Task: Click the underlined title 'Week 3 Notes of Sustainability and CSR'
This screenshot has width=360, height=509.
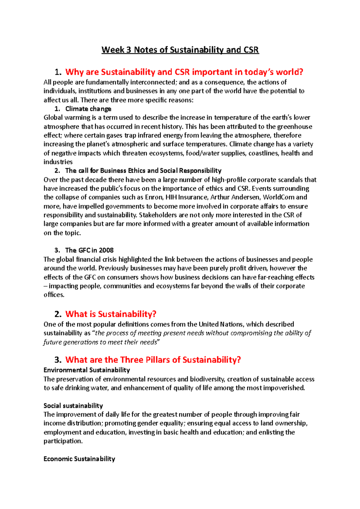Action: (x=180, y=50)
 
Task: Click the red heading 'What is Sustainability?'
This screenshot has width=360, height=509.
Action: (x=111, y=314)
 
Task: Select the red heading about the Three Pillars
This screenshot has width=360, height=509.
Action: (x=153, y=360)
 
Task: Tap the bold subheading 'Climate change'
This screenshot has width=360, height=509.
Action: (x=88, y=109)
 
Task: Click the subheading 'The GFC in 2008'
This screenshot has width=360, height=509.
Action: (x=89, y=250)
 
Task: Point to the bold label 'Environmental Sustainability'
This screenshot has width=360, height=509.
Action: (x=87, y=370)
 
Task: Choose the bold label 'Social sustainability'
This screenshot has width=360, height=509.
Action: (x=73, y=406)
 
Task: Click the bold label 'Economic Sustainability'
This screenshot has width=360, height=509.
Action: (x=79, y=459)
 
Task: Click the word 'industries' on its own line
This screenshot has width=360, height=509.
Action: (x=58, y=162)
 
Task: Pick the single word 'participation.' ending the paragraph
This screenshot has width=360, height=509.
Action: (x=63, y=441)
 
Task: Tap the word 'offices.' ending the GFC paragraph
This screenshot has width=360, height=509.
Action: (x=54, y=295)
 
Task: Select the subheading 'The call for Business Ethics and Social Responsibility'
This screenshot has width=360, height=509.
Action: (x=143, y=171)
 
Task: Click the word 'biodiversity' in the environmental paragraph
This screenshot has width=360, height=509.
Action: (x=207, y=379)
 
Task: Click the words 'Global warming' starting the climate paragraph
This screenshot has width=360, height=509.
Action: (x=62, y=118)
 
